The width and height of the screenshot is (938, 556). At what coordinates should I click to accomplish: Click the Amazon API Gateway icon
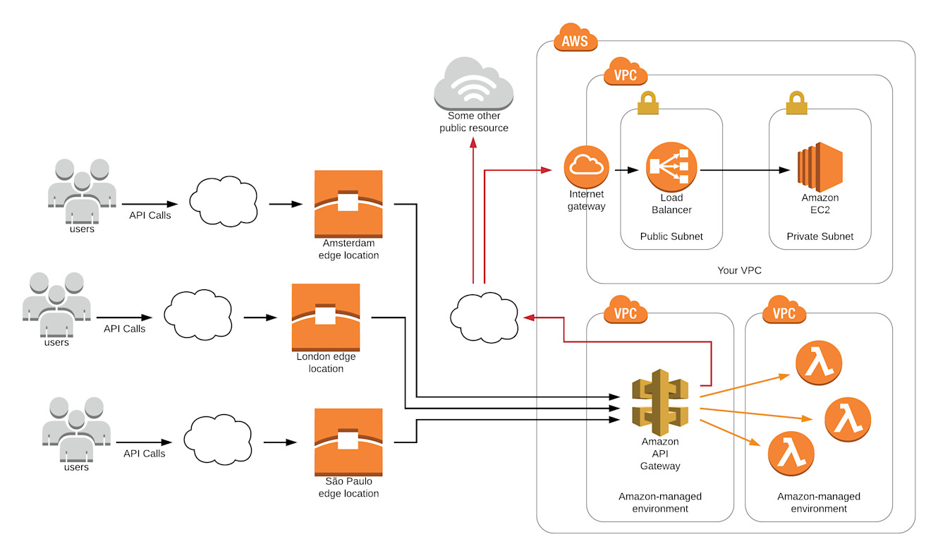point(660,402)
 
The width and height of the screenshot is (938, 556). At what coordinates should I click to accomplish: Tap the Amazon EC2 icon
point(820,167)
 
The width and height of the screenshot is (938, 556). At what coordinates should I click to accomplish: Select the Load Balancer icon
point(671,167)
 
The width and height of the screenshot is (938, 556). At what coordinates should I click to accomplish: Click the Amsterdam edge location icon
point(348,204)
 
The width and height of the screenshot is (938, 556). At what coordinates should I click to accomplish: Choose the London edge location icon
point(326,317)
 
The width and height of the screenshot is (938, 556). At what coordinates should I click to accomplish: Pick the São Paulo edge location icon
point(348,442)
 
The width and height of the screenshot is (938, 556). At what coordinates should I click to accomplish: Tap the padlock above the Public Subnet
point(647,103)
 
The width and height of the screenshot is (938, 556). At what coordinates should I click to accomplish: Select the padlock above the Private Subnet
point(796,103)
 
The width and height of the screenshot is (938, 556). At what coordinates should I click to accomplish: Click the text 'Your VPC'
point(739,270)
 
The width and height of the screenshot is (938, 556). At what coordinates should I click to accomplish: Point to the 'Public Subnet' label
point(671,236)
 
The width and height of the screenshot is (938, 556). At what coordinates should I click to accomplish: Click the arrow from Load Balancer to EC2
point(745,170)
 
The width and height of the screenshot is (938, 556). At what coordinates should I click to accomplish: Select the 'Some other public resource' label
point(473,122)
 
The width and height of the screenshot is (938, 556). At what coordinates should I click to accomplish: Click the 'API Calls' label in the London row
point(124,328)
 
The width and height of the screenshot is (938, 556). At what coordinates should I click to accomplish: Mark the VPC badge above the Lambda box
point(784,310)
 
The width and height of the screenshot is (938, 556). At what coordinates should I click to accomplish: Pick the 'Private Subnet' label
point(820,236)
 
